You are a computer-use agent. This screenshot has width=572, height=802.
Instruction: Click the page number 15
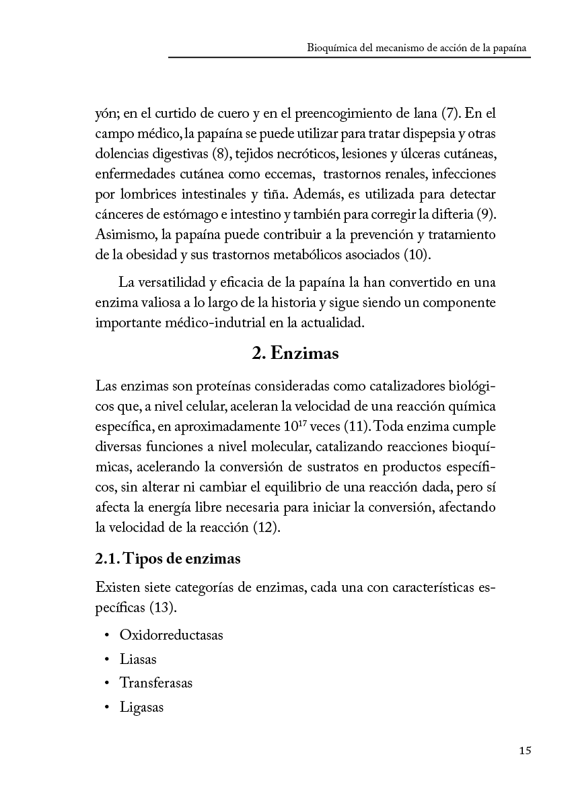526,751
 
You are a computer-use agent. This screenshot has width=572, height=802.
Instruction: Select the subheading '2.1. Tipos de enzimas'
168,559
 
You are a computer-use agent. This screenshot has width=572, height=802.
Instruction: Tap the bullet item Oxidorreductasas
171,635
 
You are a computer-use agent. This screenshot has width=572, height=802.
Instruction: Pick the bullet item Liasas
138,659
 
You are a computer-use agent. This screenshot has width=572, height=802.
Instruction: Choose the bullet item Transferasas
156,683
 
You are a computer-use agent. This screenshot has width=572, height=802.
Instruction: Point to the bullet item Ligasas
142,707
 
